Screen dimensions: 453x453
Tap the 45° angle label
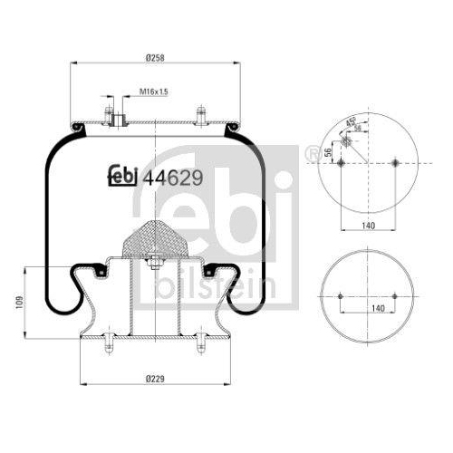(x=349, y=124)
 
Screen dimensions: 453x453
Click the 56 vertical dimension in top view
(x=327, y=152)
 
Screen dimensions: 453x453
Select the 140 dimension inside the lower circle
(x=368, y=309)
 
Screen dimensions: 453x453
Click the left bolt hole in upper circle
(x=340, y=164)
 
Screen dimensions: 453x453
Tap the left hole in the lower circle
(x=340, y=297)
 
